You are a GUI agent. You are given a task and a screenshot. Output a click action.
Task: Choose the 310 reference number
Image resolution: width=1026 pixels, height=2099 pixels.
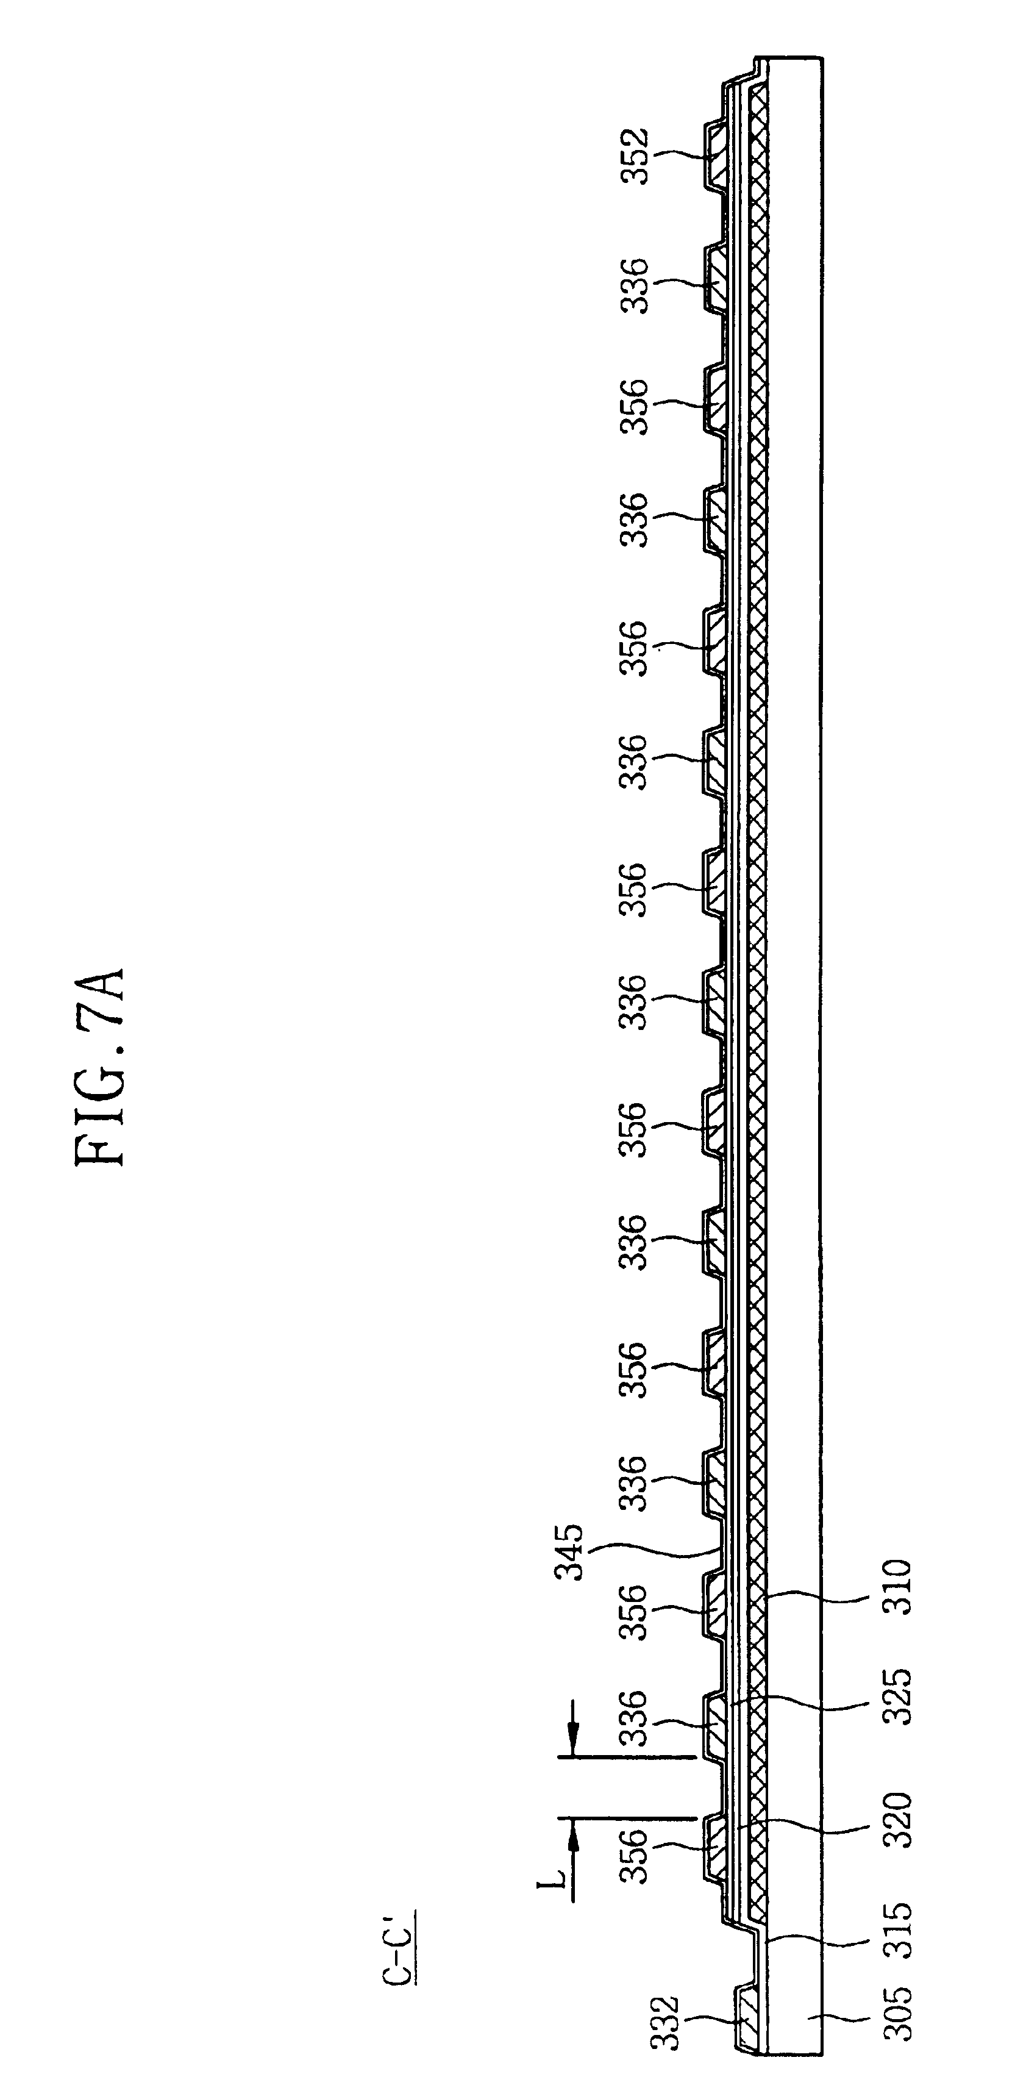point(898,1587)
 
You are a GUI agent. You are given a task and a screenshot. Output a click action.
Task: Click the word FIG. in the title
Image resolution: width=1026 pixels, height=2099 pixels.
point(99,1125)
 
